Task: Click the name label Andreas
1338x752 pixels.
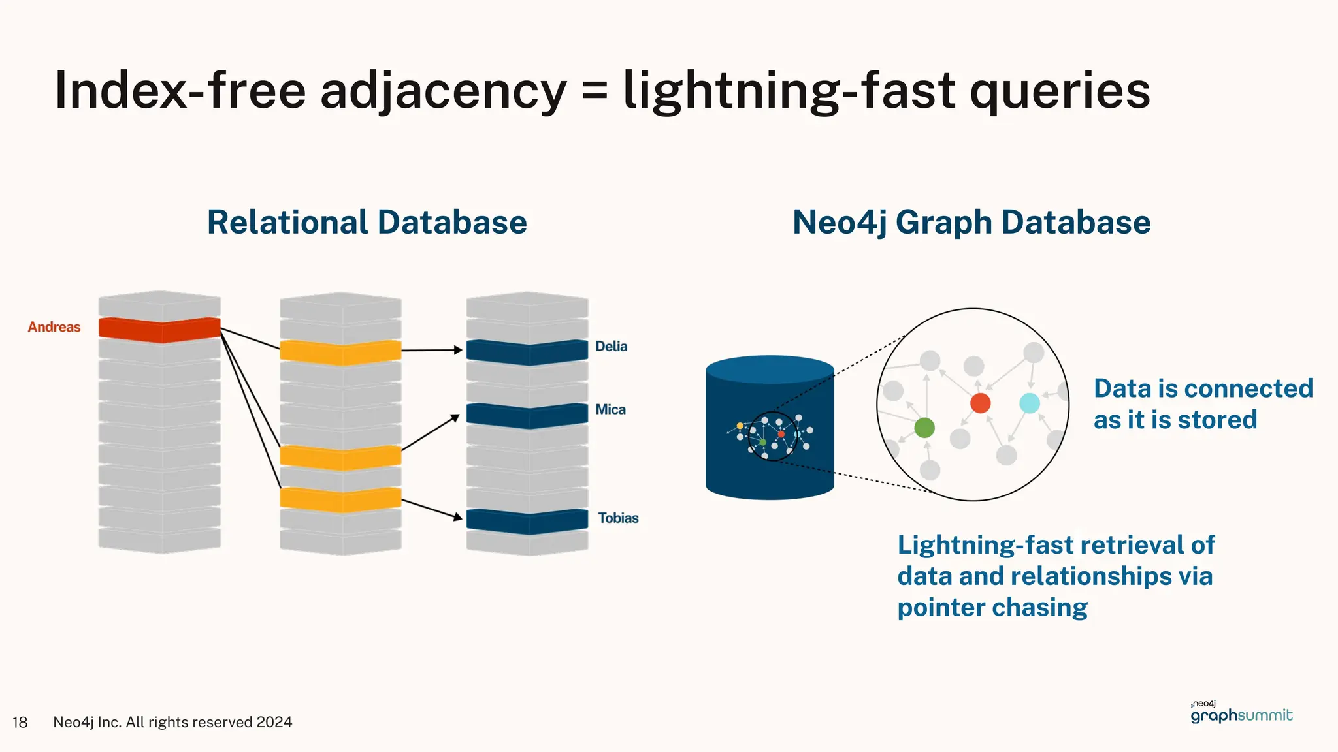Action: click(x=54, y=327)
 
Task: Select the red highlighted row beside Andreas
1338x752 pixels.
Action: click(x=159, y=329)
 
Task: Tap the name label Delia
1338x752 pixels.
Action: click(x=611, y=347)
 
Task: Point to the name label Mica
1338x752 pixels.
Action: click(x=610, y=410)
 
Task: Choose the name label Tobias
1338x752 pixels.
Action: click(x=618, y=518)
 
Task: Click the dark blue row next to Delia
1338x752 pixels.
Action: click(x=527, y=351)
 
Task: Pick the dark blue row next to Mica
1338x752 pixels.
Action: click(x=527, y=415)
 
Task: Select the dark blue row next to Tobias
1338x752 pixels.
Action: click(x=527, y=521)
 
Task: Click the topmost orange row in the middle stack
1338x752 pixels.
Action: click(x=340, y=352)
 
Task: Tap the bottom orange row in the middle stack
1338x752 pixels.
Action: click(x=340, y=499)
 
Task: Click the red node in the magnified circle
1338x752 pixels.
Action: click(x=980, y=403)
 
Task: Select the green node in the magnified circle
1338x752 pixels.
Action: click(x=924, y=428)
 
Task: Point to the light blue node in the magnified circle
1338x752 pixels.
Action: click(x=1030, y=403)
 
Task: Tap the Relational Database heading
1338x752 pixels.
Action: click(x=367, y=223)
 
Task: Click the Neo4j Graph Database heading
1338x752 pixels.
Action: click(x=971, y=223)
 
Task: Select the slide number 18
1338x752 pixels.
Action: click(x=20, y=722)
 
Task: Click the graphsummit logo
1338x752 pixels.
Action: click(x=1241, y=714)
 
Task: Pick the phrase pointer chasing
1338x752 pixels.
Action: click(x=992, y=608)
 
